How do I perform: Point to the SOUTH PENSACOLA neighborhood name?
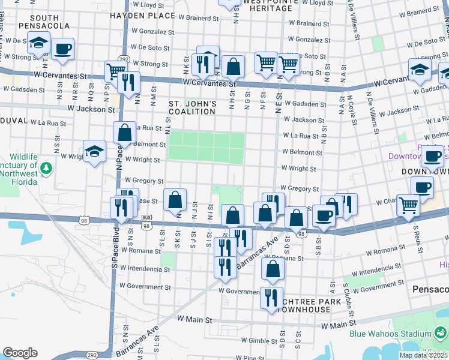(40, 22)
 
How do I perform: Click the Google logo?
(20, 353)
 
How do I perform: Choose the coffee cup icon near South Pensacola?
(62, 49)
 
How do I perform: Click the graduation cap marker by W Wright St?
(94, 152)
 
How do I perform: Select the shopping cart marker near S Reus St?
(409, 205)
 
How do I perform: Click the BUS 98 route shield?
(146, 226)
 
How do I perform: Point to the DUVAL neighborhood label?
(12, 120)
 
